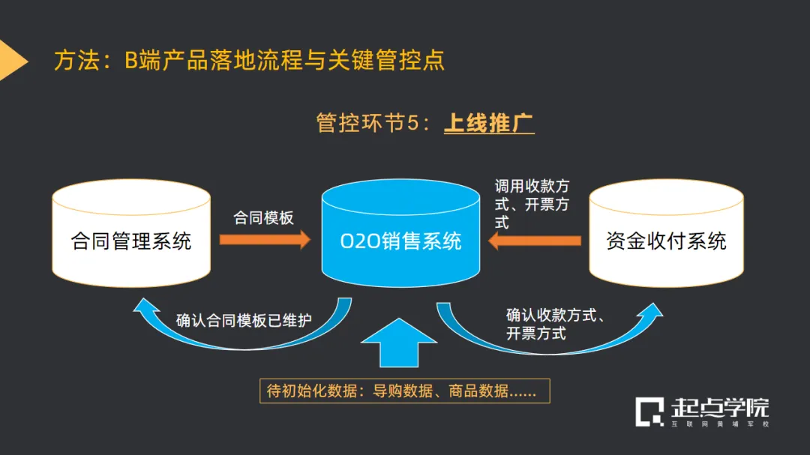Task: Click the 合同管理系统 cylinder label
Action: coord(131,241)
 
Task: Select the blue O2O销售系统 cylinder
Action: coord(400,241)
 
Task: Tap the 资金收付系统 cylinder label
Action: coord(666,241)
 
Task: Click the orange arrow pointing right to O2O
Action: coord(264,240)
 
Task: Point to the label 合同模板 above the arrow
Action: coord(263,217)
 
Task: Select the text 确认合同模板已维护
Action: coord(244,321)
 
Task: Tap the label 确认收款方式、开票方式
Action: coord(556,324)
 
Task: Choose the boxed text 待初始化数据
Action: coord(404,391)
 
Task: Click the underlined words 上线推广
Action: coord(489,123)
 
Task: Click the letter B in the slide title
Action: coord(131,61)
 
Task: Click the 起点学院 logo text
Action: coord(720,409)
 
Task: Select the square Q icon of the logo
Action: coord(650,412)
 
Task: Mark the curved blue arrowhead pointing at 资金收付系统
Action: coord(651,312)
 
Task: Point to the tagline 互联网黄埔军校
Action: coord(720,424)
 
